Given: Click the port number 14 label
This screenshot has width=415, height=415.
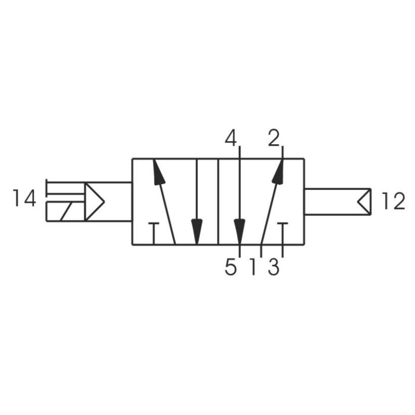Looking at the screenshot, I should coord(24,198).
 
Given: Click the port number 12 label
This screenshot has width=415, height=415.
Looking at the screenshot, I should coord(392,201).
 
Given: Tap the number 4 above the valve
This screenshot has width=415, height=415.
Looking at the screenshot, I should coord(231,138).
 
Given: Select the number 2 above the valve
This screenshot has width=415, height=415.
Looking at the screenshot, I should coord(274,138).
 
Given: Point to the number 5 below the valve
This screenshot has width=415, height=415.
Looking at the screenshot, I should coord(231,268).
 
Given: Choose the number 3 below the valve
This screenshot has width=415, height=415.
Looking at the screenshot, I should coord(273,268).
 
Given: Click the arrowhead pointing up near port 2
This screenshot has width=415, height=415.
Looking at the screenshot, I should coord(279,172).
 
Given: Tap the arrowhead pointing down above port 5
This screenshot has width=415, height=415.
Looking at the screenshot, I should coord(240,230).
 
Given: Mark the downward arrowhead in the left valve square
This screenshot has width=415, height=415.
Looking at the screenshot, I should coord(197,230).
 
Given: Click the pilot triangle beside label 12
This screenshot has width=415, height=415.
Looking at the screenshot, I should coord(365,202).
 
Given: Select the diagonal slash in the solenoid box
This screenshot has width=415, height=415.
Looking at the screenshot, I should coord(66,212).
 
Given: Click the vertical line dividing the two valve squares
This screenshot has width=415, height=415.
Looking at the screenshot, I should coord(218,202).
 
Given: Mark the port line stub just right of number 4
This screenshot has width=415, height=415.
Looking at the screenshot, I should coord(240,153).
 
